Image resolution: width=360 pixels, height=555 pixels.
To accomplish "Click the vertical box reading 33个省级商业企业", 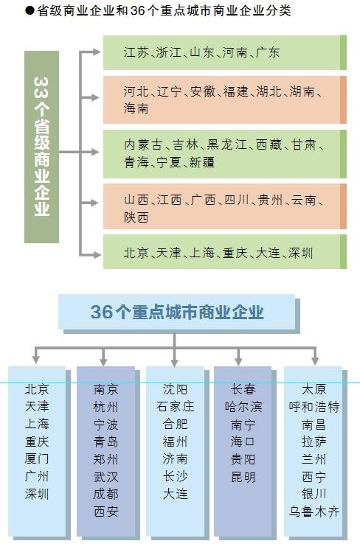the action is coord(41,147).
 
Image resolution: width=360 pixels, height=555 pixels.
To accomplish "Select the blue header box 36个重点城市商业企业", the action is coord(177,312).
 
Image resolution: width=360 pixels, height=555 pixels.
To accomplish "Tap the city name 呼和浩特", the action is coord(314,407).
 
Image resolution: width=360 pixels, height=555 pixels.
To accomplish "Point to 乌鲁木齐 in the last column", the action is coord(314,512).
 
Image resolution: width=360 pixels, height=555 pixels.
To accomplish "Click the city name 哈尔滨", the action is coord(243,407).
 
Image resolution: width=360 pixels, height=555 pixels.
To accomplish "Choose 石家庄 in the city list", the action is coord(176,407).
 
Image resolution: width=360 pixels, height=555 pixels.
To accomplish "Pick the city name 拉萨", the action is coord(314,441).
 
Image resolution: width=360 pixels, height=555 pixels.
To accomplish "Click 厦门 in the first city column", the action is coord(37,459).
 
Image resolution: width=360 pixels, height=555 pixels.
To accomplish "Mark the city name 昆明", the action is coord(243,477).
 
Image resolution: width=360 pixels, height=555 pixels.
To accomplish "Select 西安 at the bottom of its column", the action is coord(106,512).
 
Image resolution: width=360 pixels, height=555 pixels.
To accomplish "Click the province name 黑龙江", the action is coord(226,144).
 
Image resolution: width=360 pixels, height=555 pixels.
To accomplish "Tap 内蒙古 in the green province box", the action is coord(144,144).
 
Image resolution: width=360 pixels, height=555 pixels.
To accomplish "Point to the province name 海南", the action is coord(136,108).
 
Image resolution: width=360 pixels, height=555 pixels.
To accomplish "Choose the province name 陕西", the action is coord(136,217).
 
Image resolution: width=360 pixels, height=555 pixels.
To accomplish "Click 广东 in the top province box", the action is coord(268,52).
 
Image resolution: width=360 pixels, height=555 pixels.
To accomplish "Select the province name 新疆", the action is coord(202,162).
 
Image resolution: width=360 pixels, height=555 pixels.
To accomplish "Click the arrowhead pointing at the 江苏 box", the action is coord(97,52).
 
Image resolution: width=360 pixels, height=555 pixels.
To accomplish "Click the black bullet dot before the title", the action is coord(30,10).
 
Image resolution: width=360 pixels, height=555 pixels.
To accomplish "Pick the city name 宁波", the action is coord(106,425).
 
